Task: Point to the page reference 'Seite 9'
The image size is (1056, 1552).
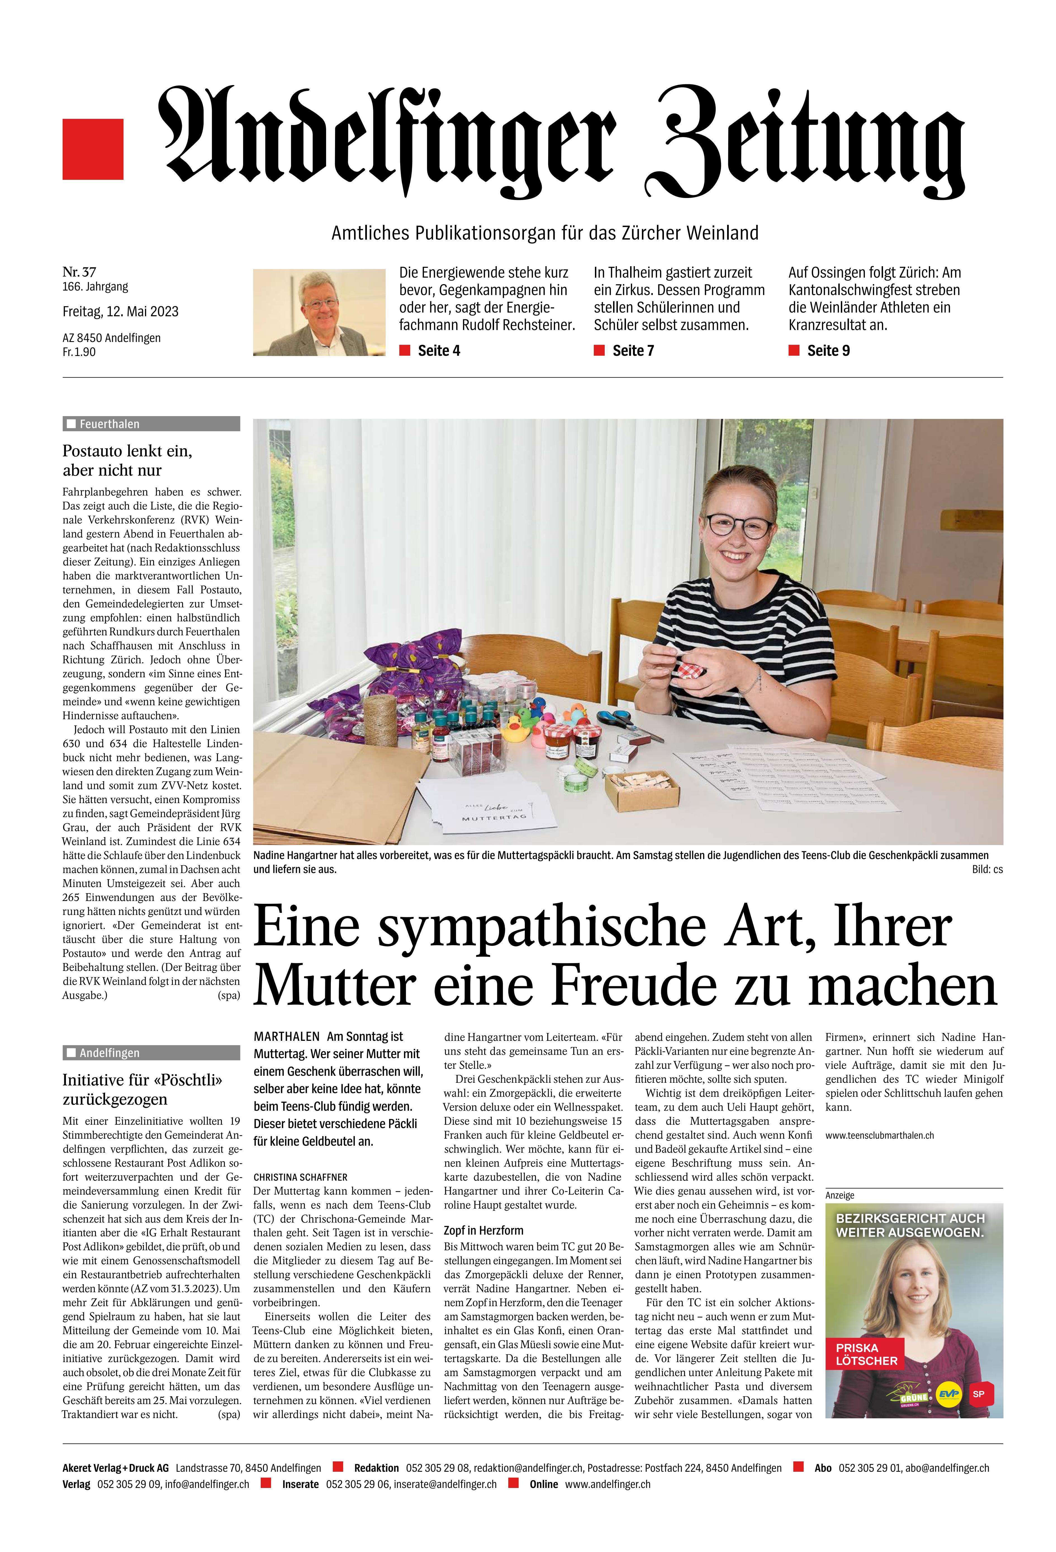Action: [x=828, y=351]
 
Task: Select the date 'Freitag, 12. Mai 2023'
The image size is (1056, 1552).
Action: [x=120, y=311]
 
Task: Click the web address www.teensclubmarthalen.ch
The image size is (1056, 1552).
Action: [x=879, y=1135]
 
